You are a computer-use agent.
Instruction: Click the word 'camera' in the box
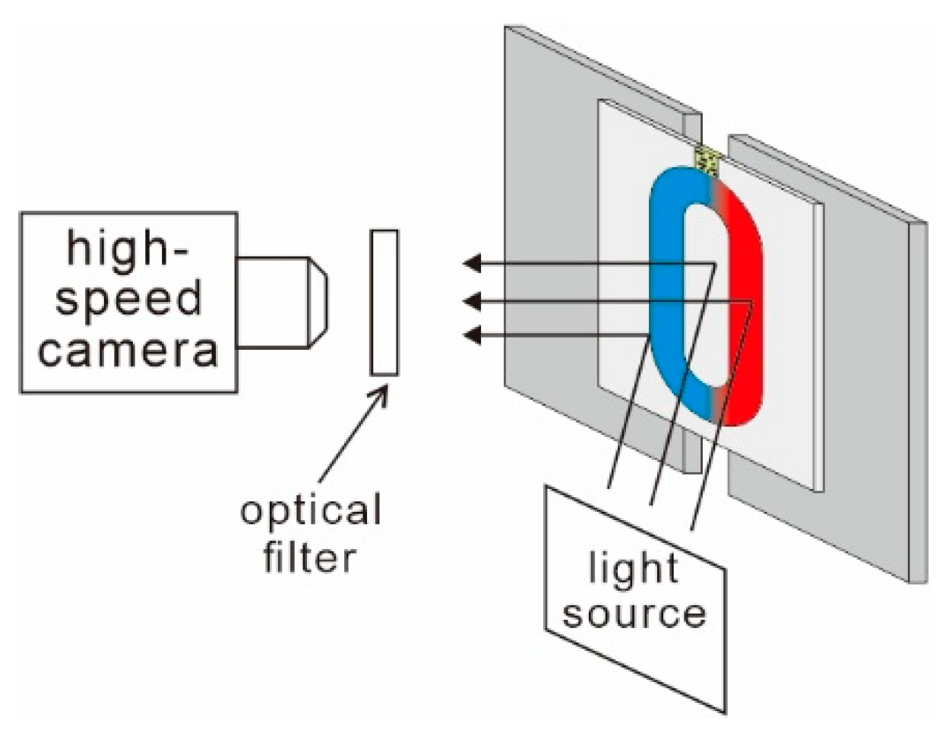pyautogui.click(x=128, y=351)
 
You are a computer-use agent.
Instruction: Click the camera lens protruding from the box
pyautogui.click(x=281, y=302)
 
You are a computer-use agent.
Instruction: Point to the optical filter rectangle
pyautogui.click(x=384, y=302)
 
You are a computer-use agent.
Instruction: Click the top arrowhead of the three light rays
pyautogui.click(x=472, y=264)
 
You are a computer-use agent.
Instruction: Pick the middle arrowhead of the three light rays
pyautogui.click(x=472, y=302)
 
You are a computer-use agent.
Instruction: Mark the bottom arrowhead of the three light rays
pyautogui.click(x=472, y=335)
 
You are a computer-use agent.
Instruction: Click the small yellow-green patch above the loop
pyautogui.click(x=708, y=160)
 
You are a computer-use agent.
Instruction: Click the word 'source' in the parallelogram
pyautogui.click(x=634, y=613)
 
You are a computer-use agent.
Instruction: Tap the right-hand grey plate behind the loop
pyautogui.click(x=874, y=380)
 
